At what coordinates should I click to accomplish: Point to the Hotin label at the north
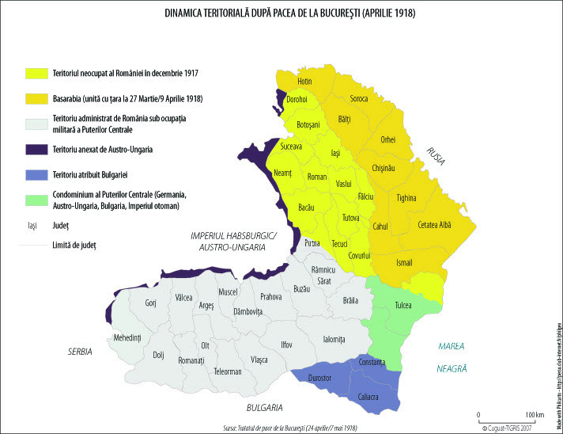(x=304, y=82)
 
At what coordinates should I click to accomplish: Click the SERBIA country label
(x=79, y=351)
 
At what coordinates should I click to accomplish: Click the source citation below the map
(x=291, y=427)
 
